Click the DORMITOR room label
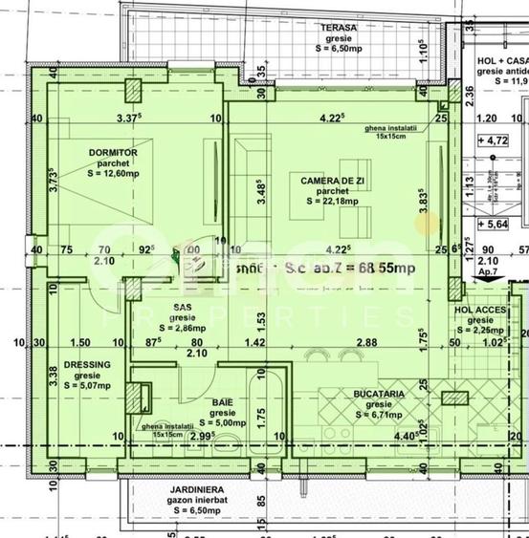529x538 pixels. pyautogui.click(x=114, y=152)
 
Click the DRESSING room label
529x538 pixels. pyautogui.click(x=87, y=364)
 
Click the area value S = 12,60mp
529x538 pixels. pyautogui.click(x=114, y=174)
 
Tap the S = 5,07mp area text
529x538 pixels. pyautogui.click(x=87, y=387)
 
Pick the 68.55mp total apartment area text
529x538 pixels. pyautogui.click(x=381, y=269)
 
